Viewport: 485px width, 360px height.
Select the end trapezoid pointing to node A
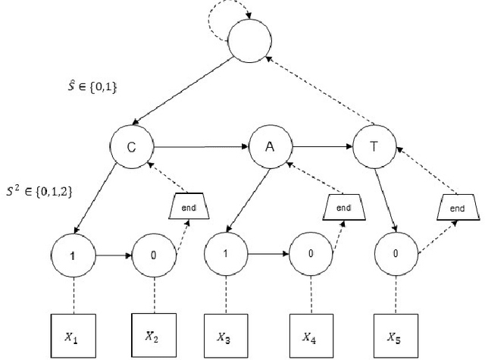(344, 205)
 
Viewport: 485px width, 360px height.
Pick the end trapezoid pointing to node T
(458, 205)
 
